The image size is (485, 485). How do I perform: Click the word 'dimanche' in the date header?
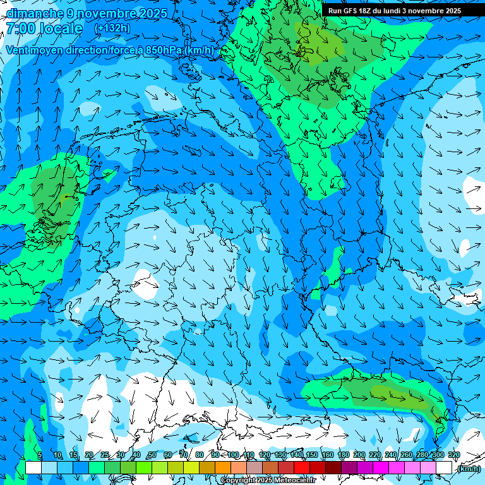(34, 13)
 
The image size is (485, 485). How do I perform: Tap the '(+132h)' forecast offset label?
(112, 28)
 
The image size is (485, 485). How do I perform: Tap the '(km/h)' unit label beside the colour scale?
(468, 469)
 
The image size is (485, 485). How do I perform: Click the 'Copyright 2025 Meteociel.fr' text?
(268, 481)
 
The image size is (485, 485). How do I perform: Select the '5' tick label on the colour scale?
(40, 455)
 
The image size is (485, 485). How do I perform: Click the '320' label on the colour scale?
(454, 455)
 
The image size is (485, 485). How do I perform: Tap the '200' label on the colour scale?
(359, 455)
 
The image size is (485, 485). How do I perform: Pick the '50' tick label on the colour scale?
(152, 455)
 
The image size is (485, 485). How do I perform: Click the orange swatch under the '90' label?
(224, 468)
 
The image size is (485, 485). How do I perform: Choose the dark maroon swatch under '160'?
(334, 468)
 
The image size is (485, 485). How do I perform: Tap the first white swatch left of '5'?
(33, 468)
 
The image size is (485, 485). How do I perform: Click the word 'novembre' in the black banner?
(428, 11)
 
